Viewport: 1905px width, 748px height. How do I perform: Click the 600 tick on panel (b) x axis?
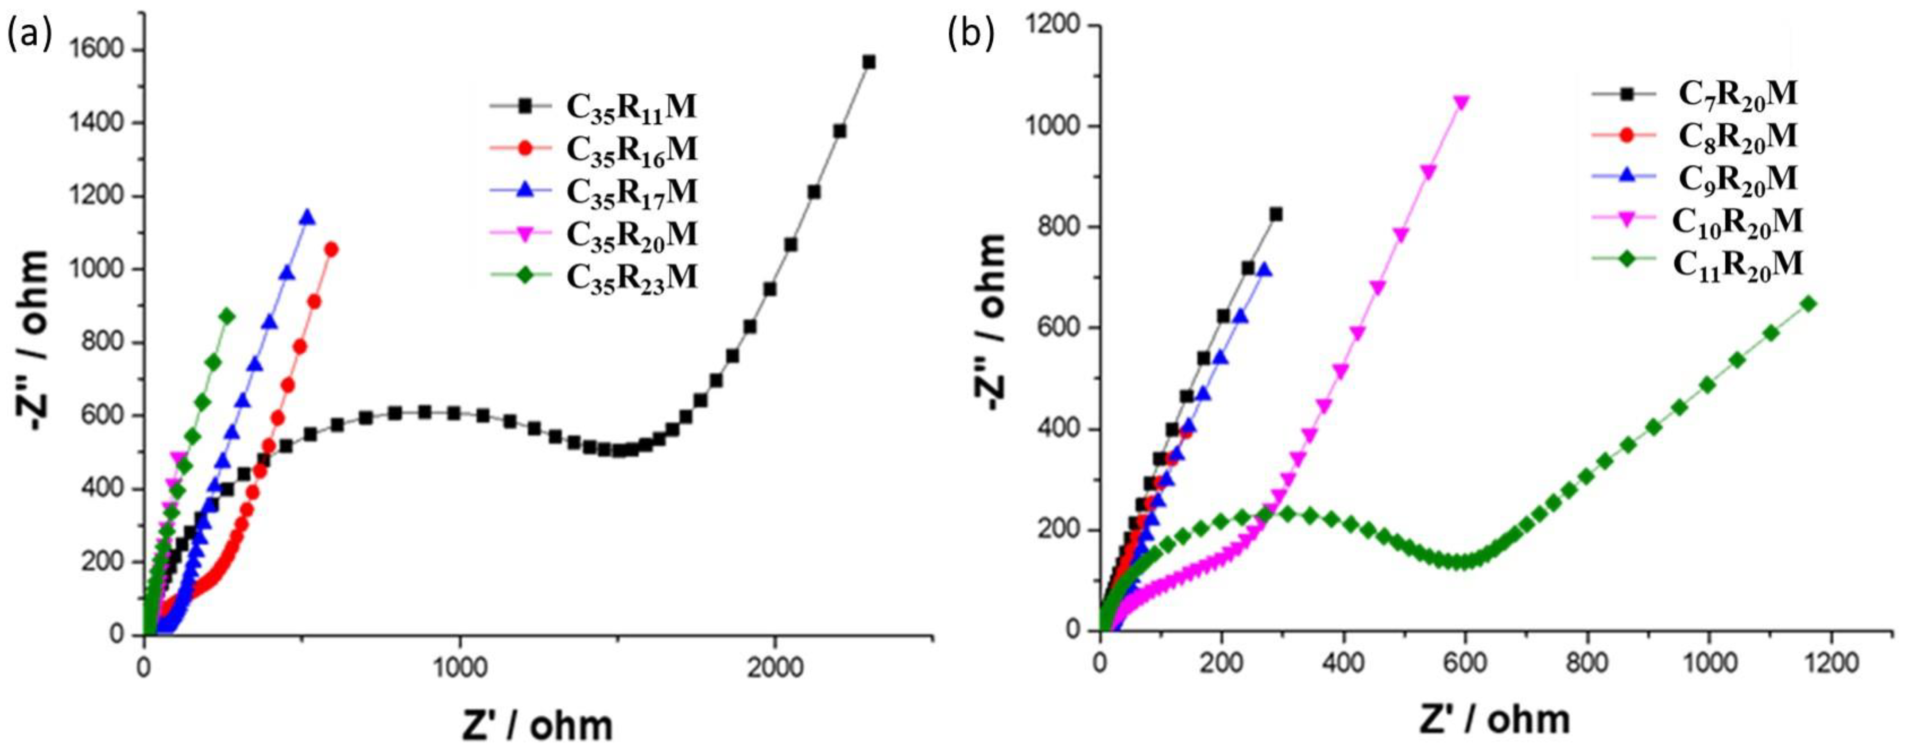click(1465, 663)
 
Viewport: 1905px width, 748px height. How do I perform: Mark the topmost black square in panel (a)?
click(869, 62)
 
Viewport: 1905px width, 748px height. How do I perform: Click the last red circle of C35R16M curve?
click(331, 250)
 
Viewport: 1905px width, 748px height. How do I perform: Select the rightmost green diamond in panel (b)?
click(1809, 304)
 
